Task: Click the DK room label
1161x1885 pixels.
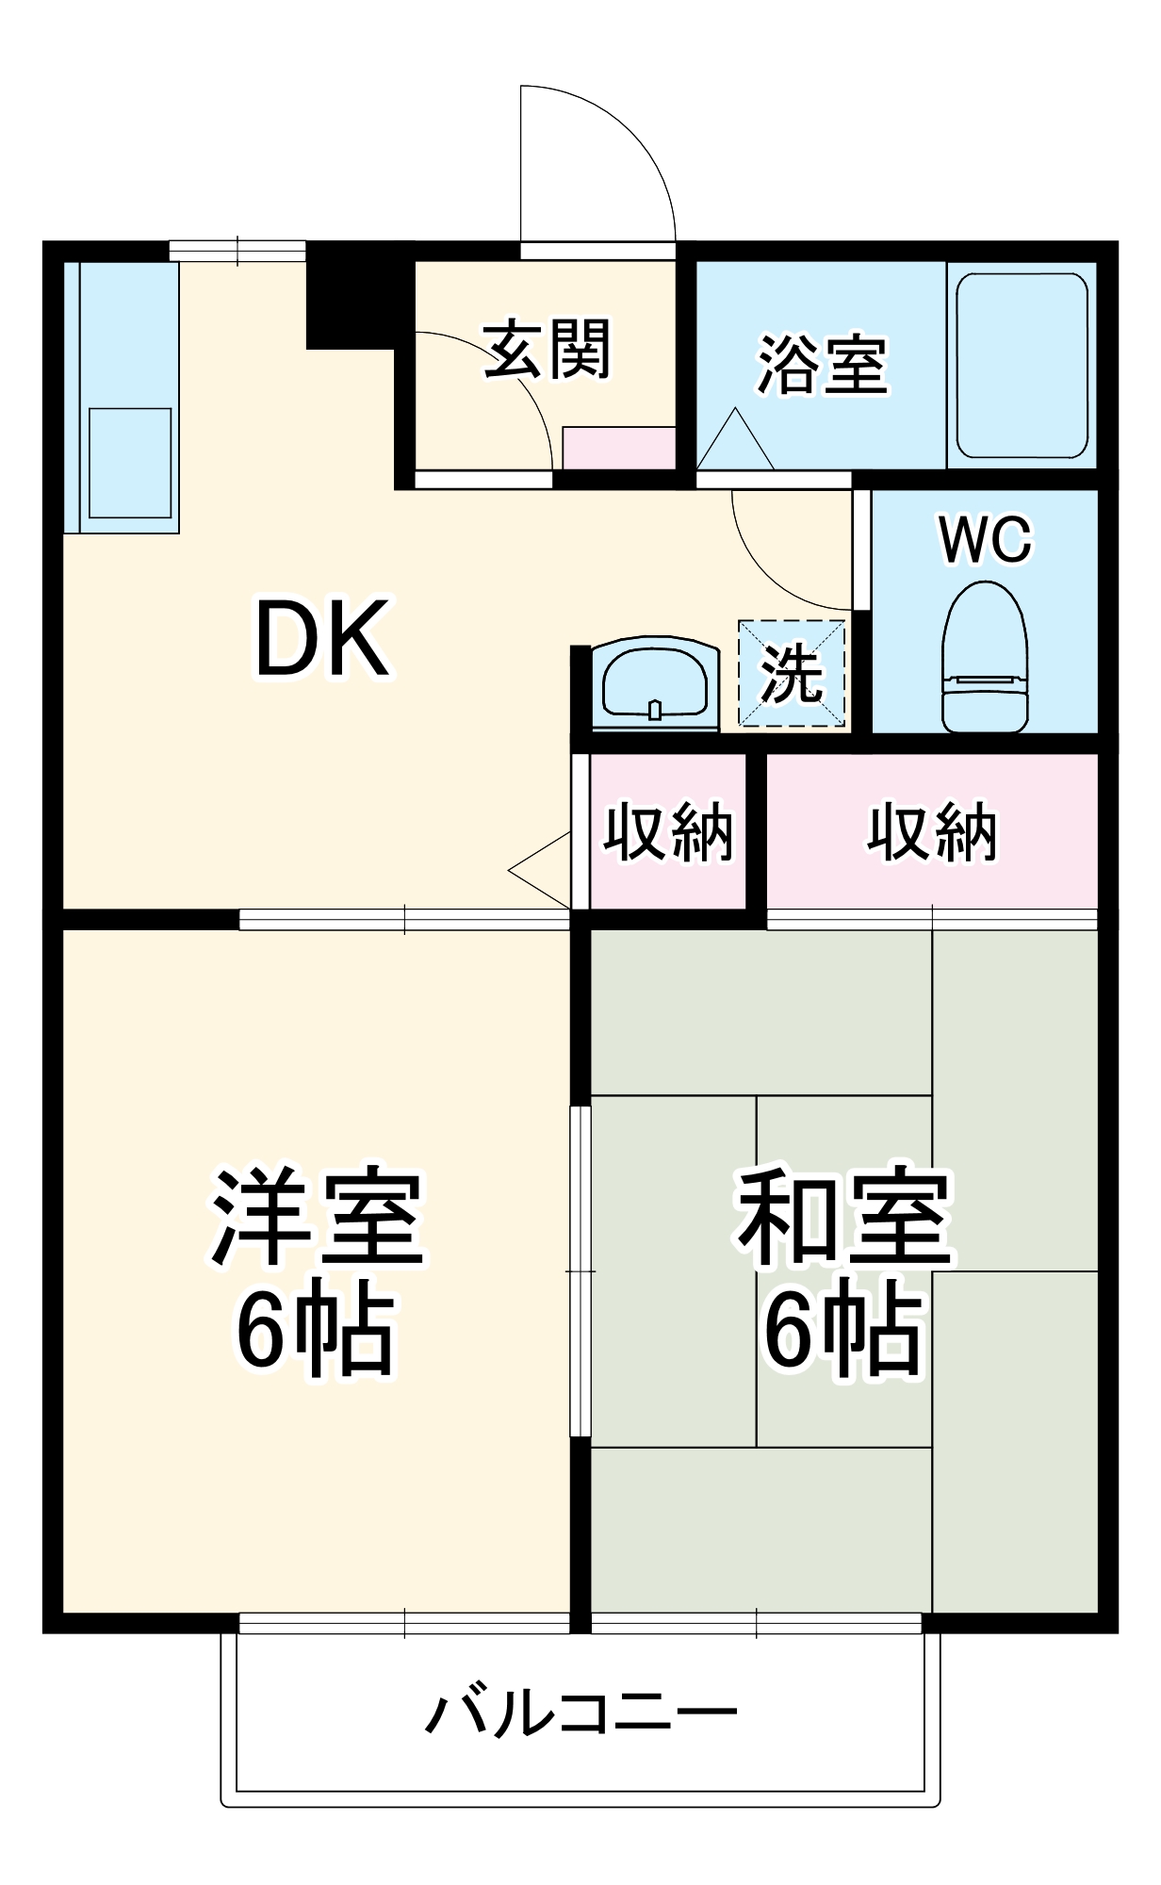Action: pos(322,639)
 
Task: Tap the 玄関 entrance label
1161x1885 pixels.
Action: pos(548,350)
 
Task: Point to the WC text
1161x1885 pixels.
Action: pos(985,539)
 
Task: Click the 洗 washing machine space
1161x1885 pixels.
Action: pos(792,673)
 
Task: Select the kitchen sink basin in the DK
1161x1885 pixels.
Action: pos(130,462)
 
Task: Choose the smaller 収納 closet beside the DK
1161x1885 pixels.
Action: pos(668,831)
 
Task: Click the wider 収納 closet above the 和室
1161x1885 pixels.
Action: pos(932,831)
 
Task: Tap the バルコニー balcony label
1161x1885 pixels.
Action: pos(580,1713)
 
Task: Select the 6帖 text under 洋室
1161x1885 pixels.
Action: pos(315,1331)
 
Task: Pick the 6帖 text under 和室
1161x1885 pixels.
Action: pos(842,1331)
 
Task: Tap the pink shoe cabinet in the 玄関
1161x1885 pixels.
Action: pos(619,448)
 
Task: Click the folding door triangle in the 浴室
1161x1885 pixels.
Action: pos(735,443)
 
